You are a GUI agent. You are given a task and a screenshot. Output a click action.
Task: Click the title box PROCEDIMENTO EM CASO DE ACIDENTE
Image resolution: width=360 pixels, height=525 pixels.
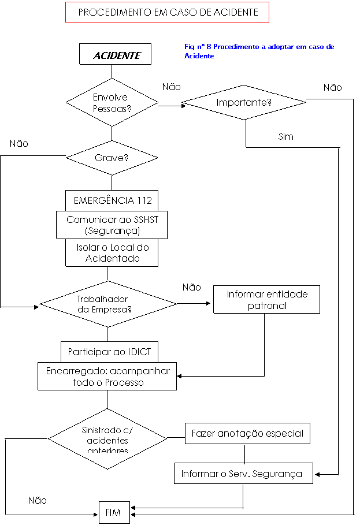pos(167,12)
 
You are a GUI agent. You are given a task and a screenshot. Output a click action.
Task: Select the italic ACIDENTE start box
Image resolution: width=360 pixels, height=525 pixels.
pos(116,55)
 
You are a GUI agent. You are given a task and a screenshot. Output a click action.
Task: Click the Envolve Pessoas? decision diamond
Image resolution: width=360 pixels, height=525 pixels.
pos(112,102)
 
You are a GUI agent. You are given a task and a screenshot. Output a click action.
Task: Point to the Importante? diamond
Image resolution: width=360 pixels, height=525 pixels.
pos(244,103)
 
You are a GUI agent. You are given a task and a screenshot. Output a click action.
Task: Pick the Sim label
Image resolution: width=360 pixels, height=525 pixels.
pos(286,136)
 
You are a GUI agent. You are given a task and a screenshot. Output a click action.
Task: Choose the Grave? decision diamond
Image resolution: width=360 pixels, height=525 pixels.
pos(112,157)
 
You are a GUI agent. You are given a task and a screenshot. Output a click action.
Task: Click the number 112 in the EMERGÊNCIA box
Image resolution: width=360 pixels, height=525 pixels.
pos(144,201)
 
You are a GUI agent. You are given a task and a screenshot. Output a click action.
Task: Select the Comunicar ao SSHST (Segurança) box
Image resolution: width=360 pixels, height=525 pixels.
pos(112,225)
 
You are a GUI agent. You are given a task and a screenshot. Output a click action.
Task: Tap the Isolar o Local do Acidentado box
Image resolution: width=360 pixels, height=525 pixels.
pos(112,253)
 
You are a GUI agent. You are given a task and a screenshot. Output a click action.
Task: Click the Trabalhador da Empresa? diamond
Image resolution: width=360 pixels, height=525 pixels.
pos(107,304)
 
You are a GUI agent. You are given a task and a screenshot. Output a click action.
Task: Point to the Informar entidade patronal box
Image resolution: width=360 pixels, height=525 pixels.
pos(266,300)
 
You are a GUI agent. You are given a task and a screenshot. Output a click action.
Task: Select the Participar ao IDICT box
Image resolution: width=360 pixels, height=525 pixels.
pos(109,352)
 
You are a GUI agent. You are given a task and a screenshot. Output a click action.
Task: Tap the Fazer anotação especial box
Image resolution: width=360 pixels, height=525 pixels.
pos(247,434)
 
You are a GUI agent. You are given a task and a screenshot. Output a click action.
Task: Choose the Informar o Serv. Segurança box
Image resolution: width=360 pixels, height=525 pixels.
pos(242,474)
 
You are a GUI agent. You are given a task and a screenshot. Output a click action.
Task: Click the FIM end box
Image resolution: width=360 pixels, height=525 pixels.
pos(113,512)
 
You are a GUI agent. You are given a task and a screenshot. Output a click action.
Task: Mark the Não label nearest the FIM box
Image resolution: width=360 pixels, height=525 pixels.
pos(37,501)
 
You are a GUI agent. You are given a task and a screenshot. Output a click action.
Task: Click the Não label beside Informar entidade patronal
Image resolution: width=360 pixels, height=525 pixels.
pos(192,287)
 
